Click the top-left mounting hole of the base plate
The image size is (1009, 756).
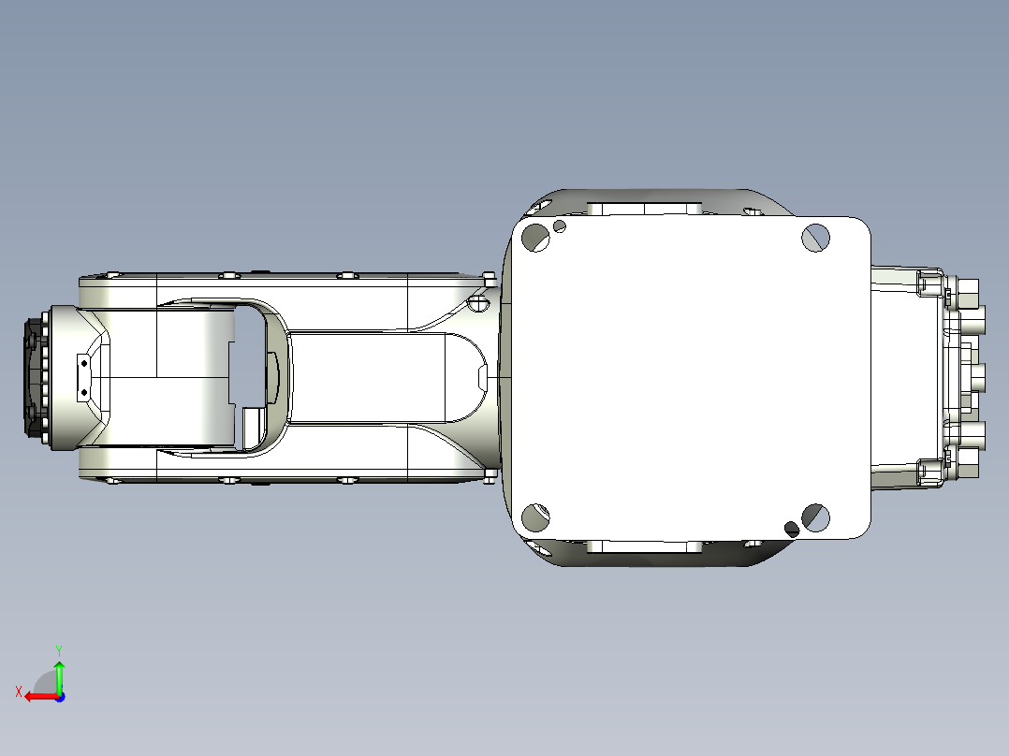pos(535,238)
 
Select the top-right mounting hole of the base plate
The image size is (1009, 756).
pos(816,237)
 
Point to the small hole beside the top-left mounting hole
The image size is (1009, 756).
pos(560,225)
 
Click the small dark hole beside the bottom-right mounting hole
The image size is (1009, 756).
pos(792,529)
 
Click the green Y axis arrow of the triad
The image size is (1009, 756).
pos(59,672)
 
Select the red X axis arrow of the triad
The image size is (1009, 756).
pos(37,696)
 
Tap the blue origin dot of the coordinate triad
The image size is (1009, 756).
pos(59,696)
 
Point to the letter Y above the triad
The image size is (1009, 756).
pos(59,648)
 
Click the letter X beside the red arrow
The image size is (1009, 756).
pos(18,691)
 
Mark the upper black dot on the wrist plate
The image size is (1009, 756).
pos(83,363)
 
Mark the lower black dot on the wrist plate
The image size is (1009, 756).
pos(83,393)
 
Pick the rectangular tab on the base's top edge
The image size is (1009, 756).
pos(645,208)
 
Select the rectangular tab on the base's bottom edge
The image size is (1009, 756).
pos(645,546)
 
